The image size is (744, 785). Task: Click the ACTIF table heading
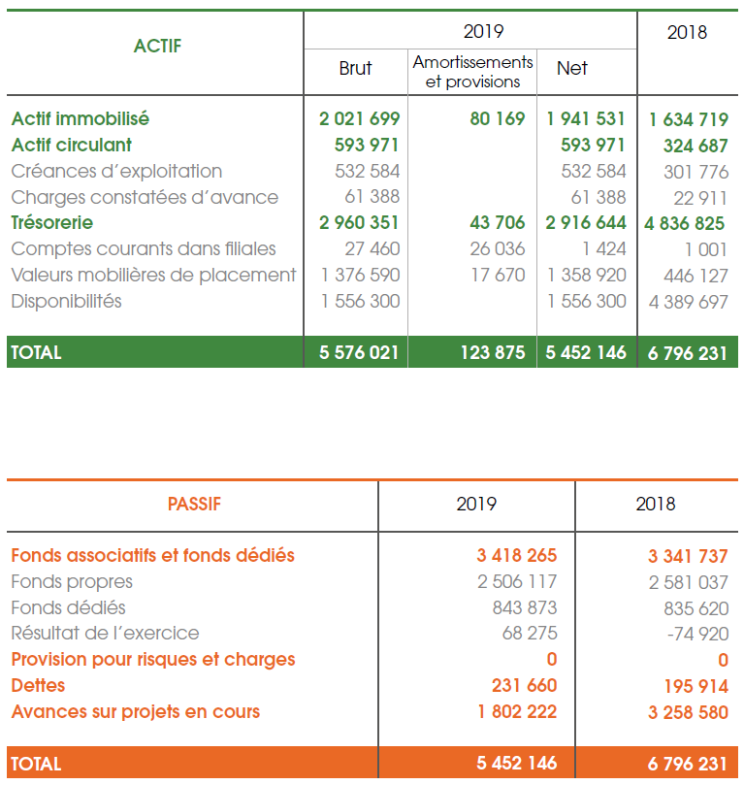pyautogui.click(x=157, y=46)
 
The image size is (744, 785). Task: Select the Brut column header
pyautogui.click(x=355, y=68)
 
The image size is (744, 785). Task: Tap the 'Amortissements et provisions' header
pyautogui.click(x=472, y=72)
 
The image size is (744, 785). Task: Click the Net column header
pyautogui.click(x=572, y=68)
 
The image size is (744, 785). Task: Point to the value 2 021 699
pyautogui.click(x=359, y=119)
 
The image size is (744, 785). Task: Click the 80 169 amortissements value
pyautogui.click(x=498, y=119)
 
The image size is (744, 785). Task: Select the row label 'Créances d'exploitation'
pyautogui.click(x=116, y=172)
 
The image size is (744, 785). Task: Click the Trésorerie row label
pyautogui.click(x=52, y=223)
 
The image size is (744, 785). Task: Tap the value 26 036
pyautogui.click(x=498, y=249)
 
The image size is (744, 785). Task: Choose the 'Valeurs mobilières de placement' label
pyautogui.click(x=153, y=276)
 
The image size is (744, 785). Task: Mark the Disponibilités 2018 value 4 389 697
pyautogui.click(x=688, y=302)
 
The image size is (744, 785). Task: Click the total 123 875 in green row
pyautogui.click(x=492, y=352)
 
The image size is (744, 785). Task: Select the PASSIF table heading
pyautogui.click(x=194, y=504)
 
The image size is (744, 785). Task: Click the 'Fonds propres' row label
pyautogui.click(x=72, y=582)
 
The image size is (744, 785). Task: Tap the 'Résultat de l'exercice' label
pyautogui.click(x=105, y=634)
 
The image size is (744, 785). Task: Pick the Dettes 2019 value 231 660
pyautogui.click(x=524, y=686)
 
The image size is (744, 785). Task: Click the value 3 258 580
pyautogui.click(x=688, y=712)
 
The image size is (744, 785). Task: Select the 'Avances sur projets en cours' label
pyautogui.click(x=135, y=712)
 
